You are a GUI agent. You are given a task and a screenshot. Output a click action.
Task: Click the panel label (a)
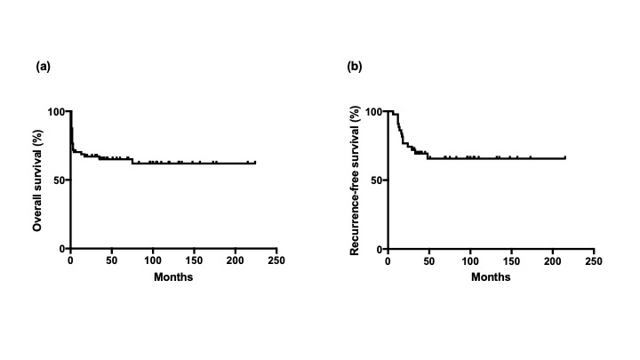[41, 67]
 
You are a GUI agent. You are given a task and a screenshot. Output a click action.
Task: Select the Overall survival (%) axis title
[38, 180]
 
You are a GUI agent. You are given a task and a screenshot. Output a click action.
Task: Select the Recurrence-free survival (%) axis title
[355, 180]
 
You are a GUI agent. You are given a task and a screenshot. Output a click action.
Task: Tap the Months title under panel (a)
[172, 276]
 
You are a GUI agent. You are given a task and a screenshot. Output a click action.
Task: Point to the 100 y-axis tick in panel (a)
[58, 112]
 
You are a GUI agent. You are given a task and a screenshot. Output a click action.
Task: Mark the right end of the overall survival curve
[255, 163]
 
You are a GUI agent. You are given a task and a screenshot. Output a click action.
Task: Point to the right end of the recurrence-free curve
[564, 158]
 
